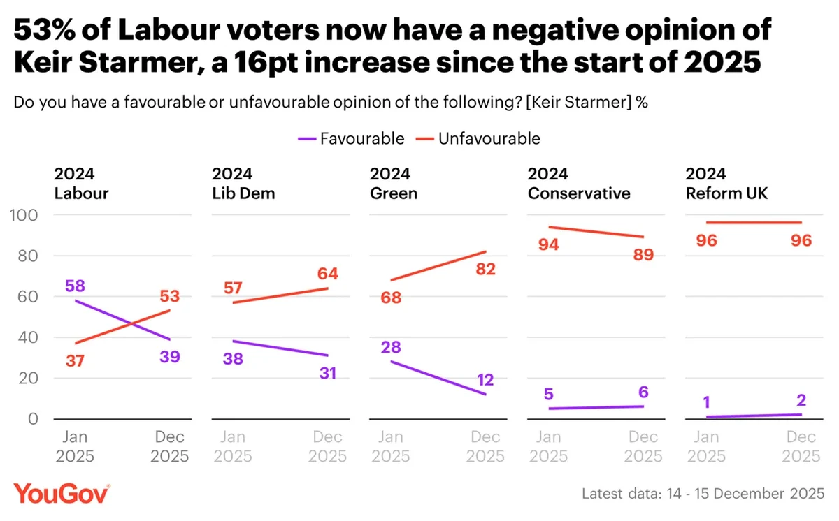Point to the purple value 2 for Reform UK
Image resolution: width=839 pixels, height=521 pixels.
801,400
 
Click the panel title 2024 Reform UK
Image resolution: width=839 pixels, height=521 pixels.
726,184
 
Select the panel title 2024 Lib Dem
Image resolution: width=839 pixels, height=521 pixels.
244,184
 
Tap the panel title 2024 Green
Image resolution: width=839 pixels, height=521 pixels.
394,184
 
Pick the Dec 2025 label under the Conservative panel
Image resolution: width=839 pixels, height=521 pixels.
643,447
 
